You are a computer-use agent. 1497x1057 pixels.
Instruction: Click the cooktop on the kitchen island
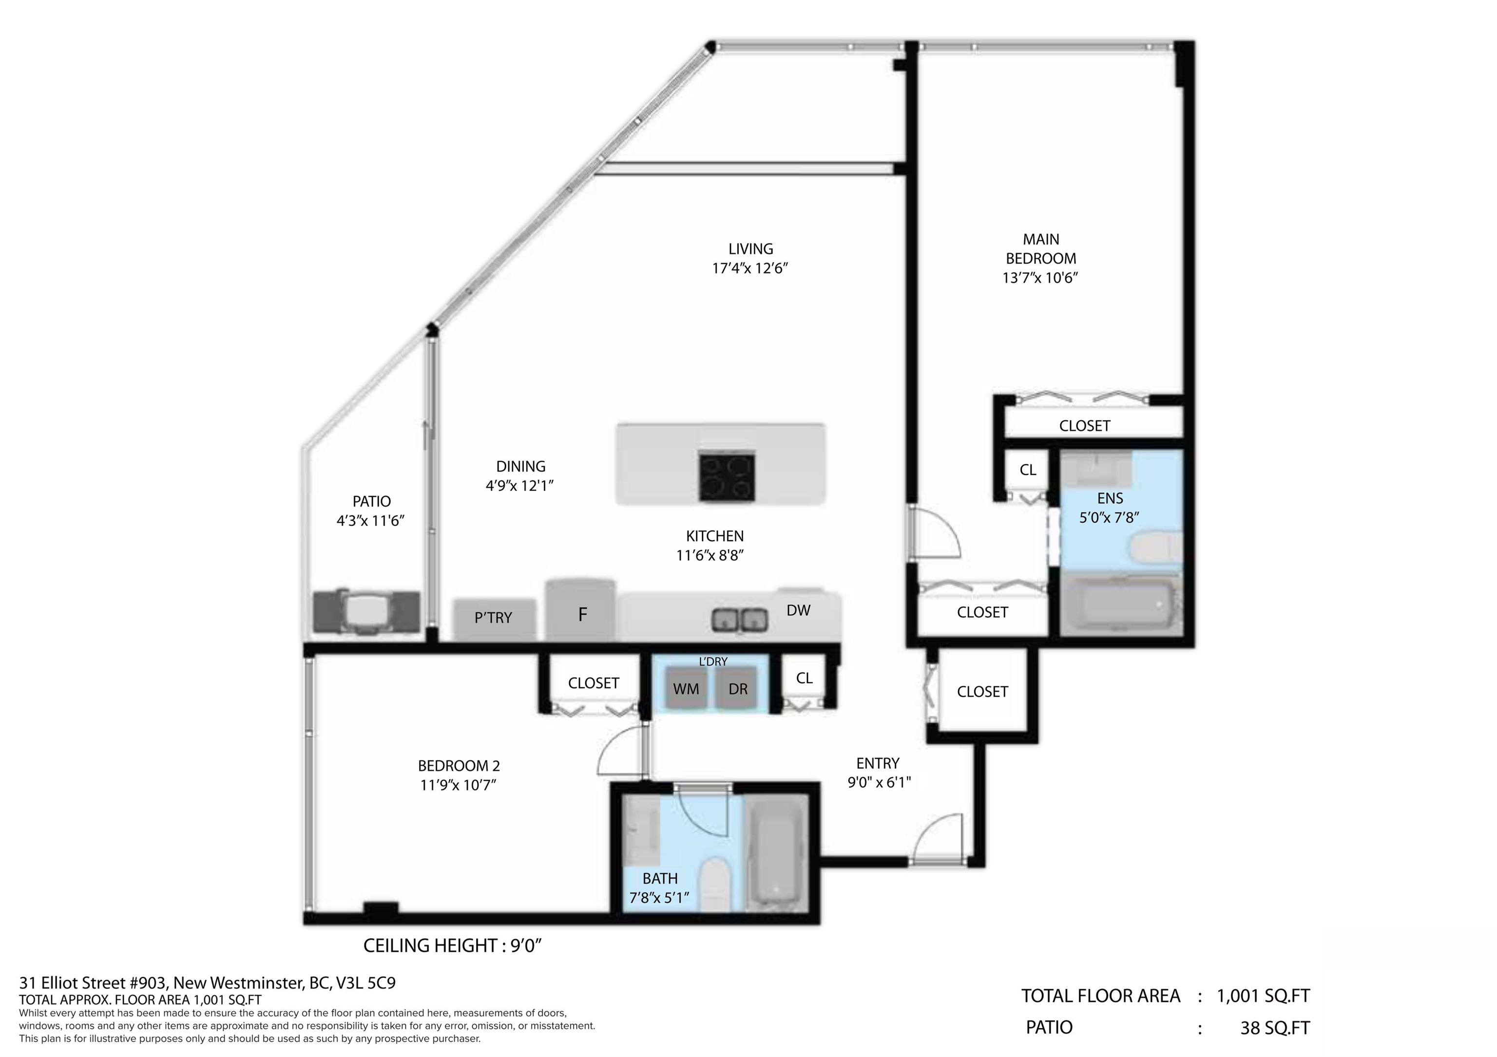(x=727, y=478)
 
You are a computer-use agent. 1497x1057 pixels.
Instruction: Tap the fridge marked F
(x=580, y=610)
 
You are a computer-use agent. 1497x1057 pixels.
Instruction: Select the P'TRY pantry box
(x=494, y=619)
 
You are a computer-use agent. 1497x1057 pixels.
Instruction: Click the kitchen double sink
(x=739, y=619)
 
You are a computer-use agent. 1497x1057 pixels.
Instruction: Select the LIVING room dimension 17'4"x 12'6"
(x=750, y=268)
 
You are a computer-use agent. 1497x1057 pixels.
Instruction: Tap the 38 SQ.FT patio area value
(x=1275, y=1028)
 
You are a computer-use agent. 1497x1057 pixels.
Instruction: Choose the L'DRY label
(x=712, y=661)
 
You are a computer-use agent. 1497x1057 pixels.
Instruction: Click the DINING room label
(x=520, y=467)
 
